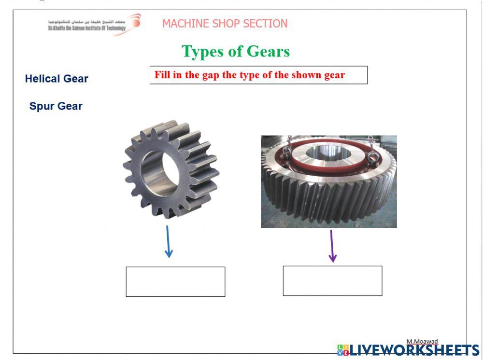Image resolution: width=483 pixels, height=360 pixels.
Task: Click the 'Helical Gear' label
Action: coord(57,79)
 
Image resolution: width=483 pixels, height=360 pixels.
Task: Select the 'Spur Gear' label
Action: coord(56,106)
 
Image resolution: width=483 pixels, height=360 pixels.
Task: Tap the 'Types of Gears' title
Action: coord(236,51)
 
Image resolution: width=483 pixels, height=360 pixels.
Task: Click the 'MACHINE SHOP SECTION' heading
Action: coord(225,24)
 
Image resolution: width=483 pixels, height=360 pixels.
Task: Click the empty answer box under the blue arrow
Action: coord(175,282)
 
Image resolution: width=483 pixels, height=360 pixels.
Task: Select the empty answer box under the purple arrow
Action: coord(332,281)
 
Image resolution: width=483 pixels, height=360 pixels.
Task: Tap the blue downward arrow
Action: coord(168,241)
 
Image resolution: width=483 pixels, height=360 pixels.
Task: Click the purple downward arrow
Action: coord(332,246)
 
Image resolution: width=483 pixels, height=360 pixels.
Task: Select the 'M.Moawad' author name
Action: coord(422,342)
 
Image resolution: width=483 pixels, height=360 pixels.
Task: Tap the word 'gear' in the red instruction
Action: coord(334,75)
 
